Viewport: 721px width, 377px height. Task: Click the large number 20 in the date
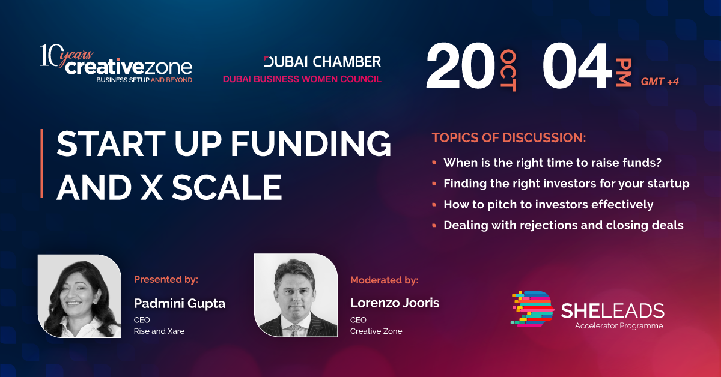point(460,65)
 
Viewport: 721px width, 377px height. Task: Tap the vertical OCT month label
point(508,70)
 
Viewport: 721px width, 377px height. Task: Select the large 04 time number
point(577,65)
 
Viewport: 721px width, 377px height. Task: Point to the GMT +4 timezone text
point(660,82)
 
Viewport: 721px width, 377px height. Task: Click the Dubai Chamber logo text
point(323,62)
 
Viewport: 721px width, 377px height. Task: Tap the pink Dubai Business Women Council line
point(302,79)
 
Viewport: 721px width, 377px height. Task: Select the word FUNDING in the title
point(311,144)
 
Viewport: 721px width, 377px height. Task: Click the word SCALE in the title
point(227,187)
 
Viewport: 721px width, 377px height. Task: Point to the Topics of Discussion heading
point(509,137)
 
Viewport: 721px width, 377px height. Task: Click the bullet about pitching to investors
point(548,205)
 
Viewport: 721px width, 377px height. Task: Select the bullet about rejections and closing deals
point(564,225)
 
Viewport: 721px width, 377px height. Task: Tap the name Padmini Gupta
point(180,304)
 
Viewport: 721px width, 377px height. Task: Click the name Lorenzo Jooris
point(395,303)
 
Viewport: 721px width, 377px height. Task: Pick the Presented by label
point(166,280)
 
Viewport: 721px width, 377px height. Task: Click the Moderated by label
point(385,280)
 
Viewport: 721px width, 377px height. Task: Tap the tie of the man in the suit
point(295,330)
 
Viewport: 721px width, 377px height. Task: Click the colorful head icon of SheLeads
point(533,309)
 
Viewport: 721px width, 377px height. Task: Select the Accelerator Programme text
point(619,326)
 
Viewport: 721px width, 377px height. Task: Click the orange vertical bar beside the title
point(42,163)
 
